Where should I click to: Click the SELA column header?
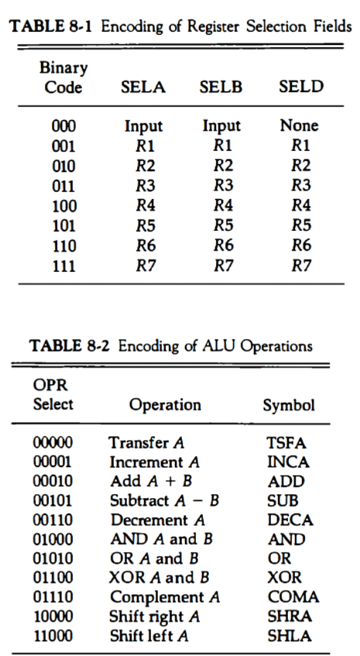[144, 87]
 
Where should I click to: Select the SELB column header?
[221, 87]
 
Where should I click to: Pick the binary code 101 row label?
[63, 226]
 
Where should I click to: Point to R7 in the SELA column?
[144, 266]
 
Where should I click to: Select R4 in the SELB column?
[221, 206]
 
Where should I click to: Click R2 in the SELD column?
[300, 165]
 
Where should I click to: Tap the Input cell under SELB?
[221, 125]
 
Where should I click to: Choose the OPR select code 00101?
[53, 500]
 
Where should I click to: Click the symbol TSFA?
[286, 443]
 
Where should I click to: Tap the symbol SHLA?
[287, 636]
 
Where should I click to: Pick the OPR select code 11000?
[53, 636]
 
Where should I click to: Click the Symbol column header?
[289, 405]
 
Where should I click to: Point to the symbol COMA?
[293, 597]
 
